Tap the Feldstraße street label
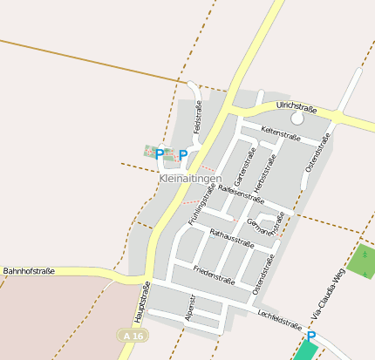(x=198, y=117)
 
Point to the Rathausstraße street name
(x=232, y=235)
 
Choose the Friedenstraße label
(x=215, y=275)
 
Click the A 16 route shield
(x=128, y=335)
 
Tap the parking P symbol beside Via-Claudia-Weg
(x=310, y=336)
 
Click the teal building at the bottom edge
(x=306, y=351)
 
